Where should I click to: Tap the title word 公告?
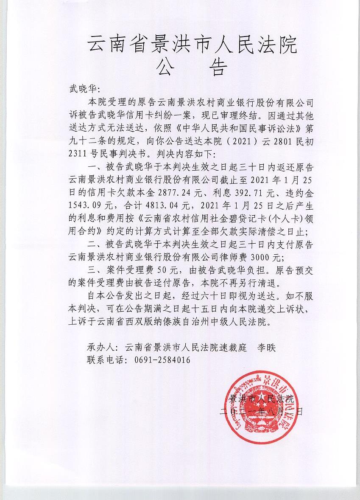192,67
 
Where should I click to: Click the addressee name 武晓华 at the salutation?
82,90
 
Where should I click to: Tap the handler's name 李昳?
267,347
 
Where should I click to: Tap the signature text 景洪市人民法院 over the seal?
262,399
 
